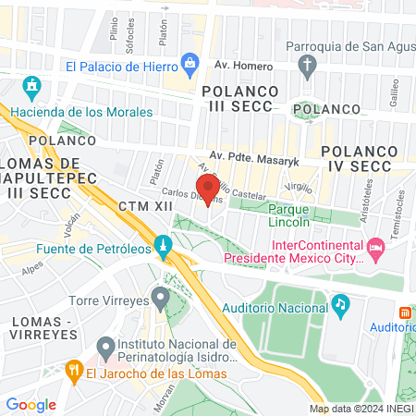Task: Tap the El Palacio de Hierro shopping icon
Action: click(190, 64)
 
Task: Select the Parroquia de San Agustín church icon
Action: click(307, 64)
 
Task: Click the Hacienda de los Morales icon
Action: click(31, 90)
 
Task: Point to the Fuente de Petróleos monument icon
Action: click(163, 247)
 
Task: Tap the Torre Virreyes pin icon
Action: click(160, 299)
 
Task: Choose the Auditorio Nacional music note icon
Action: click(341, 303)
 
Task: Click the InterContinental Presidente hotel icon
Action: click(374, 248)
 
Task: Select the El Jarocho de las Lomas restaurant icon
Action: click(75, 371)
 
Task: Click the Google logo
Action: click(31, 404)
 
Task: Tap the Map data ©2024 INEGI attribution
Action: click(360, 409)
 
